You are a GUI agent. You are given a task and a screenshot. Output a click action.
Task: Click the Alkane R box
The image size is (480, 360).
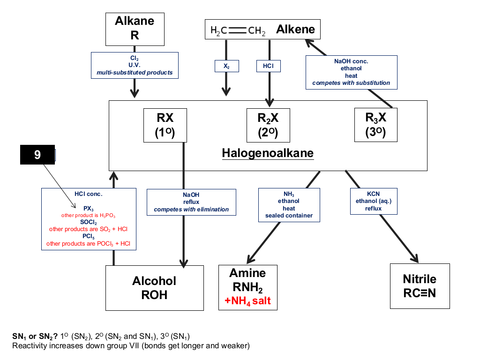(x=135, y=29)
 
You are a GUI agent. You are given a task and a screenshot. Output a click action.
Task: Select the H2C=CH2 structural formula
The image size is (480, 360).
(x=238, y=30)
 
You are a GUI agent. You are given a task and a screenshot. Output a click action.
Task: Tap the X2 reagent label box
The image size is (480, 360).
(x=226, y=66)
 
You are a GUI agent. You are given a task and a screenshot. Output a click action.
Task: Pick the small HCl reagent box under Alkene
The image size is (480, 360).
(x=269, y=66)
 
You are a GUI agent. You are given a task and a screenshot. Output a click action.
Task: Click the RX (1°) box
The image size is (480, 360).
(x=165, y=125)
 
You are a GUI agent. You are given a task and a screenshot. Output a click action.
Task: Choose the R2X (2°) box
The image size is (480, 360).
(x=268, y=125)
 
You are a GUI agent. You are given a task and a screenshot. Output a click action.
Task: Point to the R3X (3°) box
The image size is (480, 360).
(x=375, y=125)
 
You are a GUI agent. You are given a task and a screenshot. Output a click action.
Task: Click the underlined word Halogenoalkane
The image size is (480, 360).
(x=268, y=153)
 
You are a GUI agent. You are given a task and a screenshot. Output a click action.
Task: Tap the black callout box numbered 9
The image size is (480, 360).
(x=37, y=155)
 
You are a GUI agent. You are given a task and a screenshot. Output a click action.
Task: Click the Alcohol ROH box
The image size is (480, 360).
(x=155, y=288)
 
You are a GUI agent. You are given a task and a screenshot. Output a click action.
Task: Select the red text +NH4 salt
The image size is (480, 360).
(x=247, y=301)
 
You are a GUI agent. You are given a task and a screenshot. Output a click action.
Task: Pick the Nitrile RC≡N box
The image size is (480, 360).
(x=420, y=286)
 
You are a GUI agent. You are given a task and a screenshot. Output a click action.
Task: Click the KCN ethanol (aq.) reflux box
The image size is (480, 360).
(x=374, y=201)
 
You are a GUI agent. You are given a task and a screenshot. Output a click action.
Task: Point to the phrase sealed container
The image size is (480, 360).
(x=289, y=216)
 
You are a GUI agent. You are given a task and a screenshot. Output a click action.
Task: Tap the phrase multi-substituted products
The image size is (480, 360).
(x=135, y=73)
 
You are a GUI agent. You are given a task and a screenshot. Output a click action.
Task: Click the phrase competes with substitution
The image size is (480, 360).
(x=351, y=83)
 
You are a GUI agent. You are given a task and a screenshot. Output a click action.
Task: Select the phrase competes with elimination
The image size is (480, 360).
(x=191, y=210)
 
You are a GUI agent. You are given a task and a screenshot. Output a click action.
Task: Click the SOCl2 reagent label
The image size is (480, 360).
(x=89, y=222)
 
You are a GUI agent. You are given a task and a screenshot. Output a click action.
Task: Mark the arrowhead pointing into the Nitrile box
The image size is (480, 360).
(x=415, y=258)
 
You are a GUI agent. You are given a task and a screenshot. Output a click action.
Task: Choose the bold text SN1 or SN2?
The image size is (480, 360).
(x=35, y=337)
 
